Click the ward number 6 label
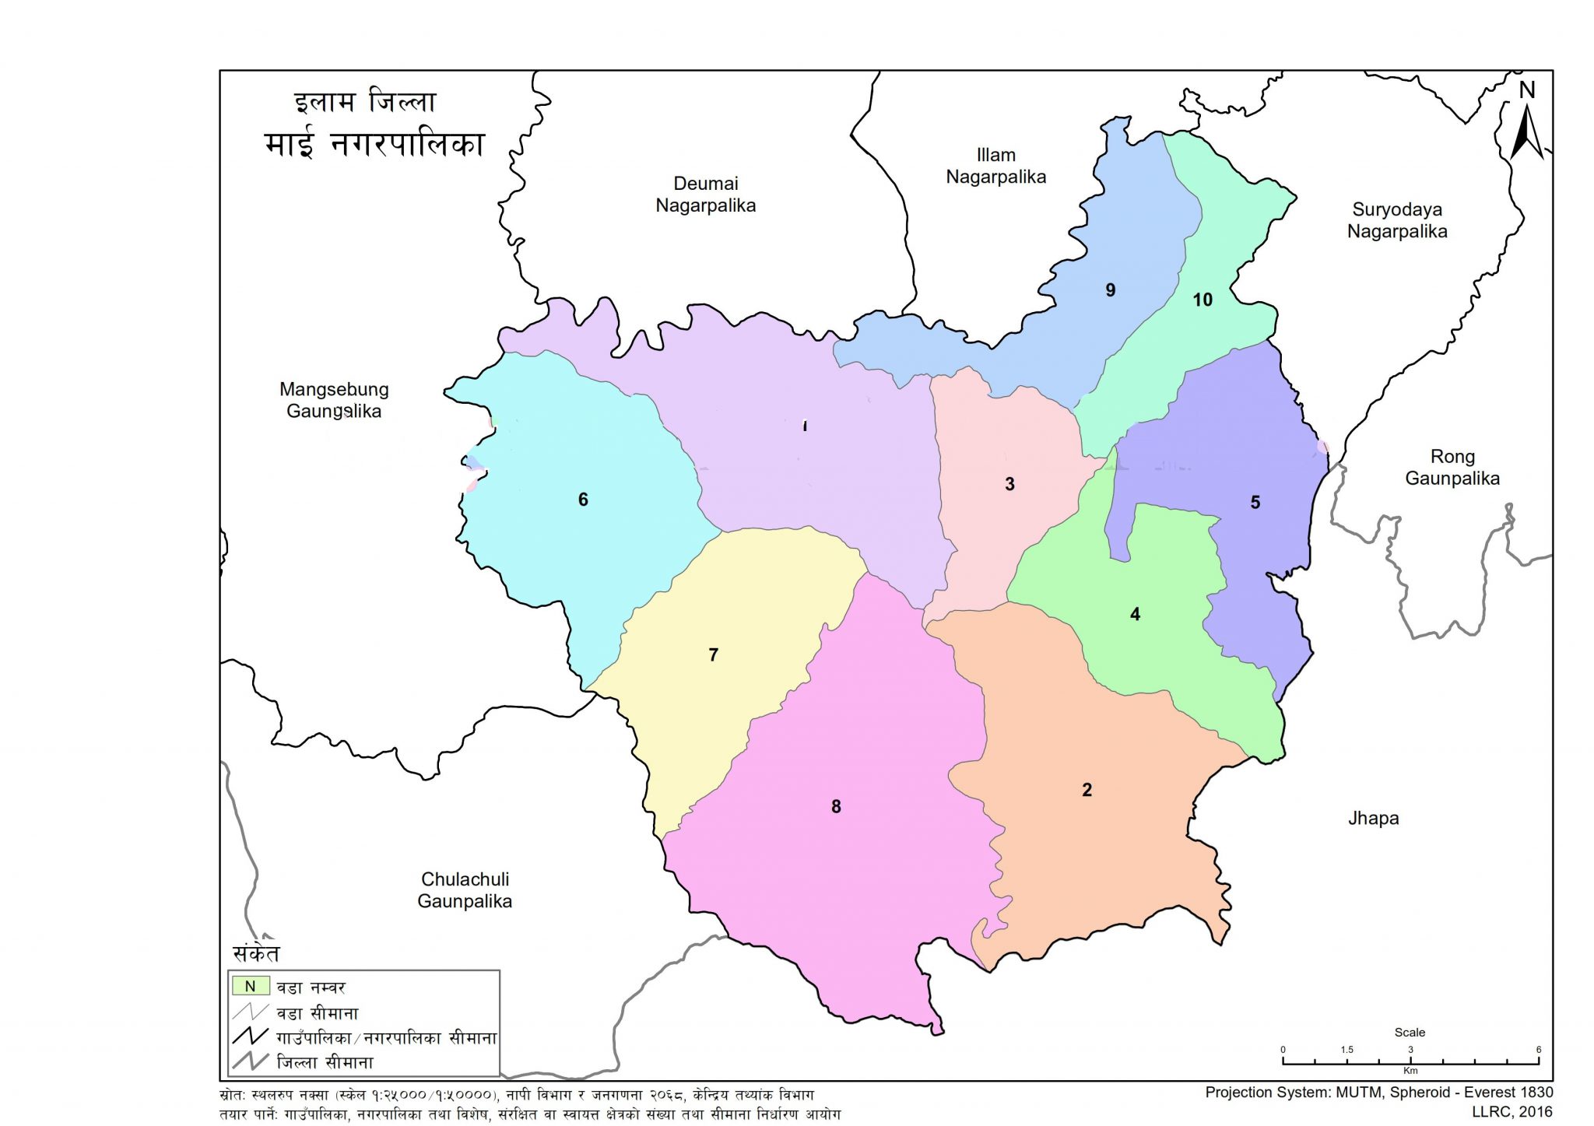583,500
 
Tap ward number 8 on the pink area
836,806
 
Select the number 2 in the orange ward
1087,790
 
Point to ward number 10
1203,300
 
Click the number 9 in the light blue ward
1111,290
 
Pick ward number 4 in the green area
1135,614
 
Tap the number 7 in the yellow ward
713,654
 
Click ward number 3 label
1009,484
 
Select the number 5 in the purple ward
1255,503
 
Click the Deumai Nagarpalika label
705,195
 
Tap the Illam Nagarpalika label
995,167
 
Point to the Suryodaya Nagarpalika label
1397,220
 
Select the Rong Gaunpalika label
1452,468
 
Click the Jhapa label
1373,818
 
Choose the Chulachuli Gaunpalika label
465,890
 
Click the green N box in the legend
250,986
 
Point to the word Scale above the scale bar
1410,1032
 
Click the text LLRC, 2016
1511,1113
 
